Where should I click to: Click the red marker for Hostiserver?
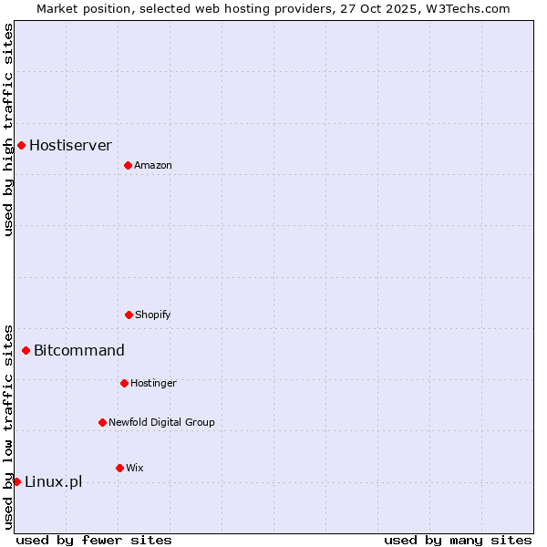[21, 145]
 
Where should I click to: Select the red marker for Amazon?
[128, 165]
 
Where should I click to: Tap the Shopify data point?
[129, 315]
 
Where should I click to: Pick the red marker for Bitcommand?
[26, 350]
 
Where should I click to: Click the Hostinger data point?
[124, 383]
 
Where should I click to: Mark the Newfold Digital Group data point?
[102, 422]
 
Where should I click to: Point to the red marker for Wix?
[119, 468]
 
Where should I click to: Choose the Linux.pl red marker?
[16, 481]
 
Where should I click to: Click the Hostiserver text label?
[70, 145]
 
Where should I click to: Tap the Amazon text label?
[152, 165]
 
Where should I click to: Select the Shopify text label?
[152, 315]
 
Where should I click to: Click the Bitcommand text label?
[79, 350]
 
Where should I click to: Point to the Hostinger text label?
[153, 383]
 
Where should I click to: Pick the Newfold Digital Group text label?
[161, 422]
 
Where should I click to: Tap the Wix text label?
[134, 468]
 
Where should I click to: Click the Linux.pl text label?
[53, 481]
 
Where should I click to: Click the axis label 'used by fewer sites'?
[94, 540]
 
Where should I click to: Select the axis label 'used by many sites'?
[458, 540]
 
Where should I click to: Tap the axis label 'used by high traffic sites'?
[8, 129]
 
